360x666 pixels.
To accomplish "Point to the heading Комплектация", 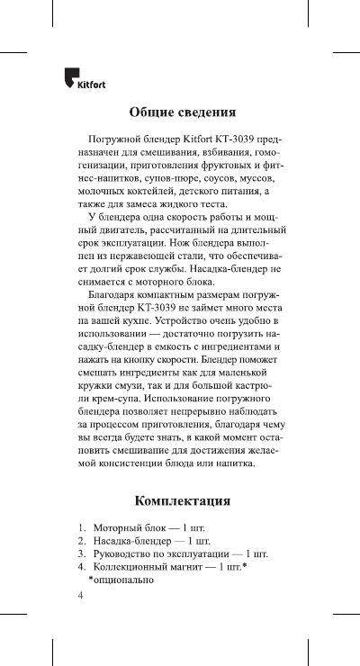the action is (183, 499).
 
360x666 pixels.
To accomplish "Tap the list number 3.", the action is (80, 553).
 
